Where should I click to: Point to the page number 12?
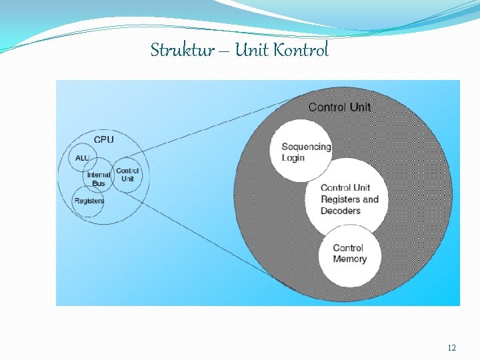(x=451, y=348)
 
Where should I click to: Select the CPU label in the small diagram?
(x=103, y=140)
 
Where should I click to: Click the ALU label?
(x=82, y=158)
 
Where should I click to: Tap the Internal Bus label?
(x=99, y=175)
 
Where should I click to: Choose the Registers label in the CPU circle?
(x=89, y=201)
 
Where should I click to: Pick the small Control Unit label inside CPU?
(x=127, y=175)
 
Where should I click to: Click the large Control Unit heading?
(x=340, y=107)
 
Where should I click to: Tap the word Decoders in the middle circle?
(x=340, y=211)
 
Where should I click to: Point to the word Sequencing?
(x=306, y=147)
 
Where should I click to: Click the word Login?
(x=293, y=158)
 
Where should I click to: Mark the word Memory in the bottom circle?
(x=350, y=259)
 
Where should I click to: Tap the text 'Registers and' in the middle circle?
(x=349, y=199)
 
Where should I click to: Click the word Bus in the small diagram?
(x=99, y=183)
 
